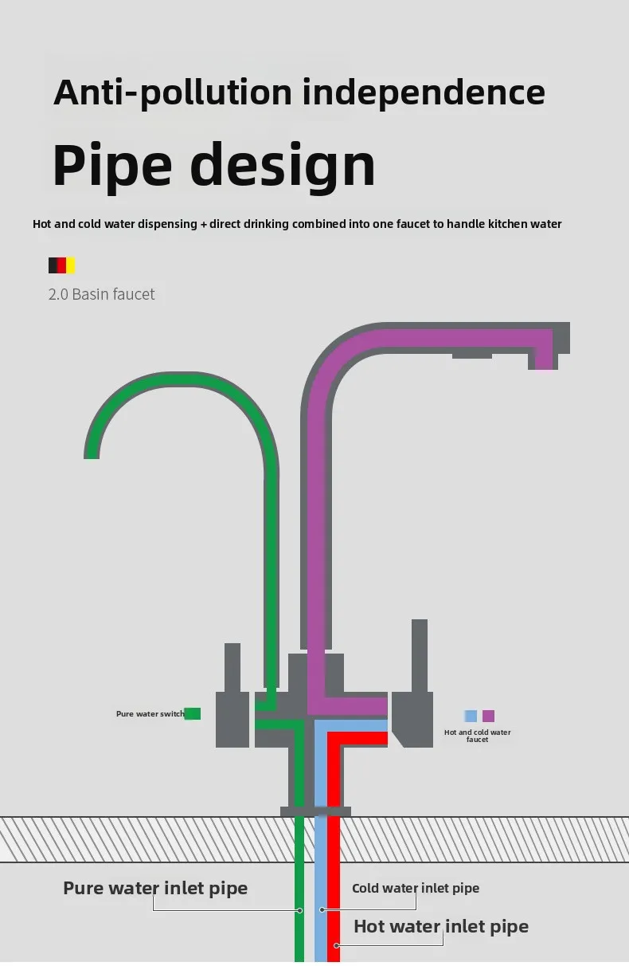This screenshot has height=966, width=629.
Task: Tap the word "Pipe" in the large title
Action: (x=112, y=164)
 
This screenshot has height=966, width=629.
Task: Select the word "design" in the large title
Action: (x=283, y=164)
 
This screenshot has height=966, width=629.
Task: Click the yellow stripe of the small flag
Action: (x=71, y=265)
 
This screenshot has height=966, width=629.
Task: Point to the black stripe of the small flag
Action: (x=53, y=265)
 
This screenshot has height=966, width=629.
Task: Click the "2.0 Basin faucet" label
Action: (x=102, y=294)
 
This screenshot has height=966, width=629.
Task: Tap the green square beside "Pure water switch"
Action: (x=193, y=713)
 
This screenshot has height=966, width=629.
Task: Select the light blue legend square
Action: (x=471, y=716)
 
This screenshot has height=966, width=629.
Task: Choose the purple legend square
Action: (x=488, y=716)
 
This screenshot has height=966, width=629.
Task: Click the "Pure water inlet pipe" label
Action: (x=155, y=888)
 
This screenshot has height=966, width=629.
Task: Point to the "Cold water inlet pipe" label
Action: (x=416, y=888)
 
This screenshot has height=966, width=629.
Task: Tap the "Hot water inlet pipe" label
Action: (x=441, y=926)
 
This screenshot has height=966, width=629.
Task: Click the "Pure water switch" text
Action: (x=150, y=714)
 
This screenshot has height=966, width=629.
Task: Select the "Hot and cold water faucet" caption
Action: (x=478, y=736)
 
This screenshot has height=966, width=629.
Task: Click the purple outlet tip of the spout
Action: (x=543, y=363)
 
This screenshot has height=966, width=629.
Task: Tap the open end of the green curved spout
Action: (x=92, y=452)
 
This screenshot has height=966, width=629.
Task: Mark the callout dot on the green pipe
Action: (x=299, y=909)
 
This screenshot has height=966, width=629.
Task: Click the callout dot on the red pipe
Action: (x=337, y=946)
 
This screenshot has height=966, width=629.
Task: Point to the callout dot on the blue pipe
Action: (x=322, y=909)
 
